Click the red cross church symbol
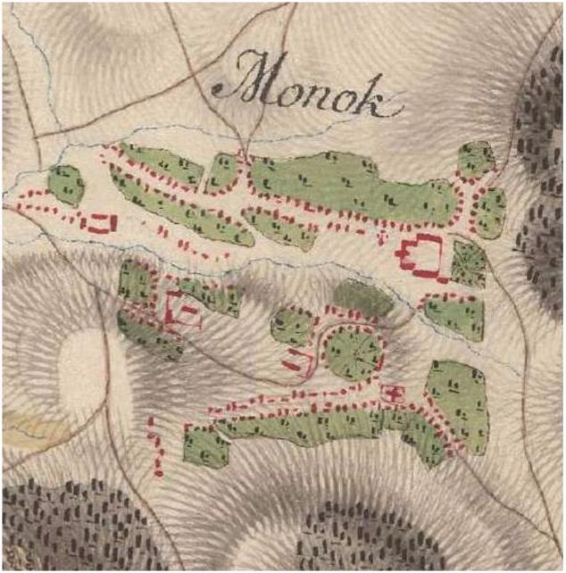tap(391, 392)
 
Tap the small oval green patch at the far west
tap(66, 185)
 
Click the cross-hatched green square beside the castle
tap(468, 262)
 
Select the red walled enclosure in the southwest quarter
tap(184, 311)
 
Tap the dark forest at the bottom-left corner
tap(62, 527)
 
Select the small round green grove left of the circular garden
tap(291, 325)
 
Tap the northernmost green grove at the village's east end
tap(476, 158)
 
